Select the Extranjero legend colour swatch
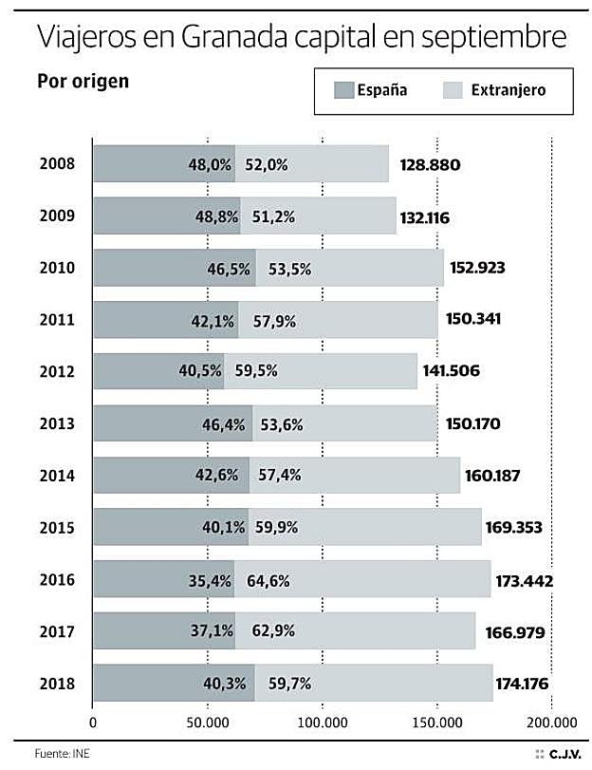453,90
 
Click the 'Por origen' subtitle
83,81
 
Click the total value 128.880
430,165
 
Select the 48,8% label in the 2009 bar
216,216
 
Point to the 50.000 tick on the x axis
207,721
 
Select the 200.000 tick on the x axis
551,721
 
